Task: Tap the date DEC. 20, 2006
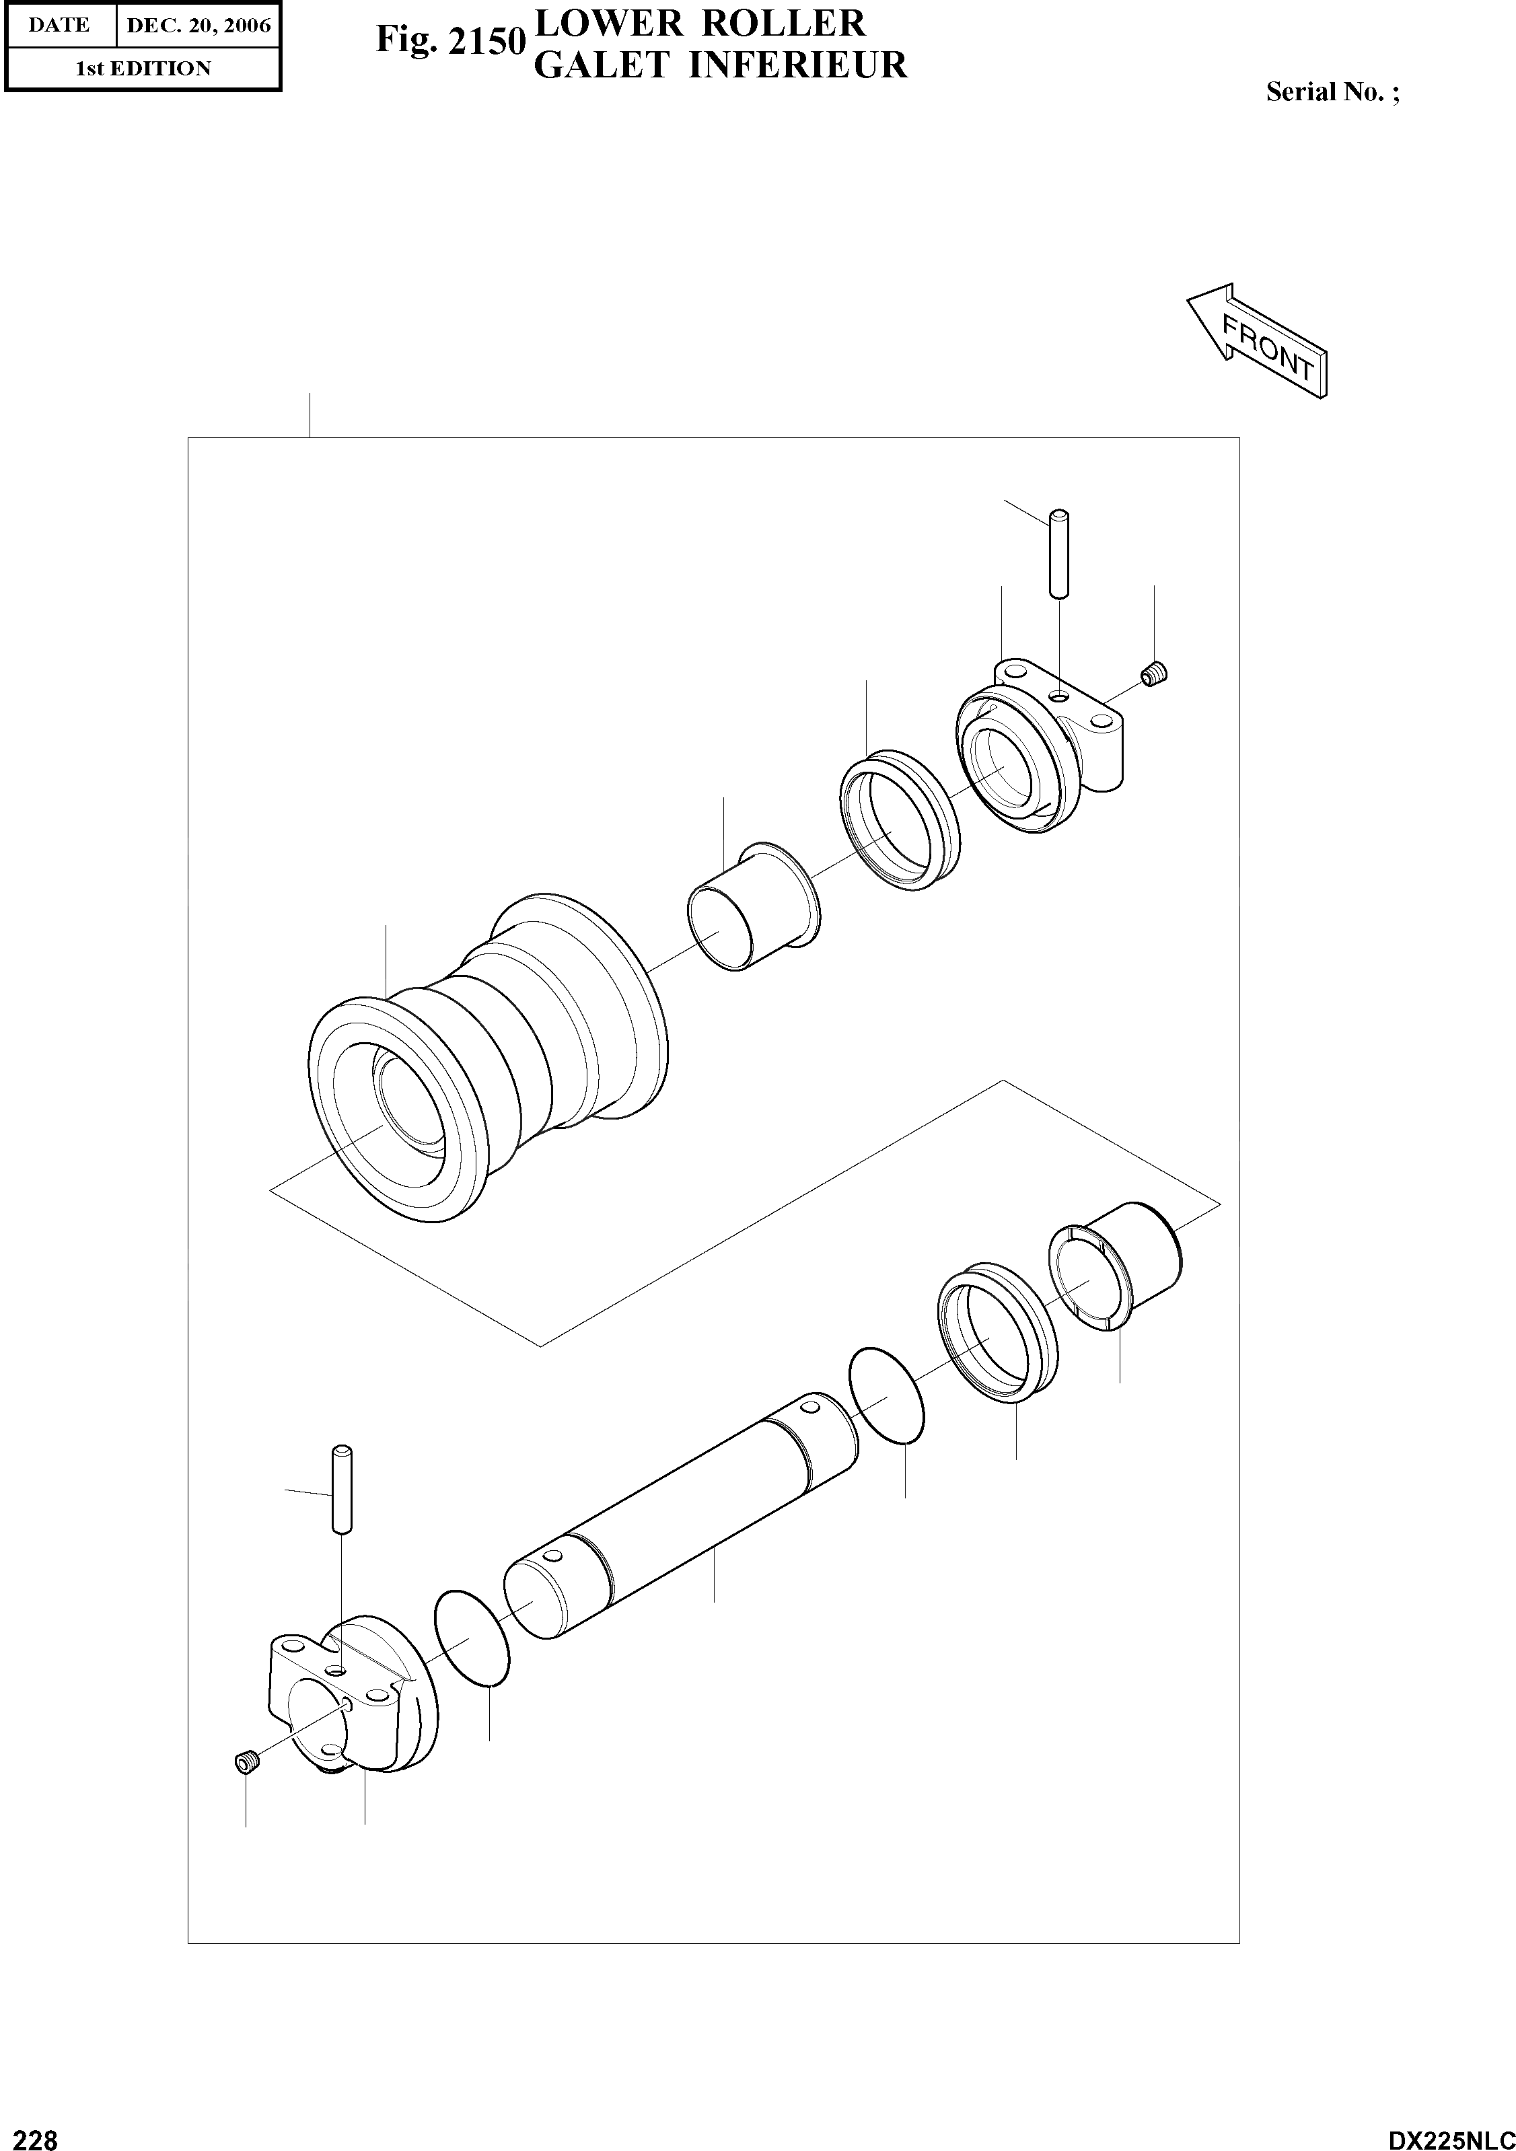coord(198,26)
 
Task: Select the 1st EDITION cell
coord(143,69)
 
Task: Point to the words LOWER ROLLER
coord(699,22)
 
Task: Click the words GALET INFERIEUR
coord(719,65)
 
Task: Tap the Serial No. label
coord(1332,92)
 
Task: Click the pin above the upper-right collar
coord(1058,553)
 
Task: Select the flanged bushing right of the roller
coord(754,905)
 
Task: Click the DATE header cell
coord(59,26)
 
